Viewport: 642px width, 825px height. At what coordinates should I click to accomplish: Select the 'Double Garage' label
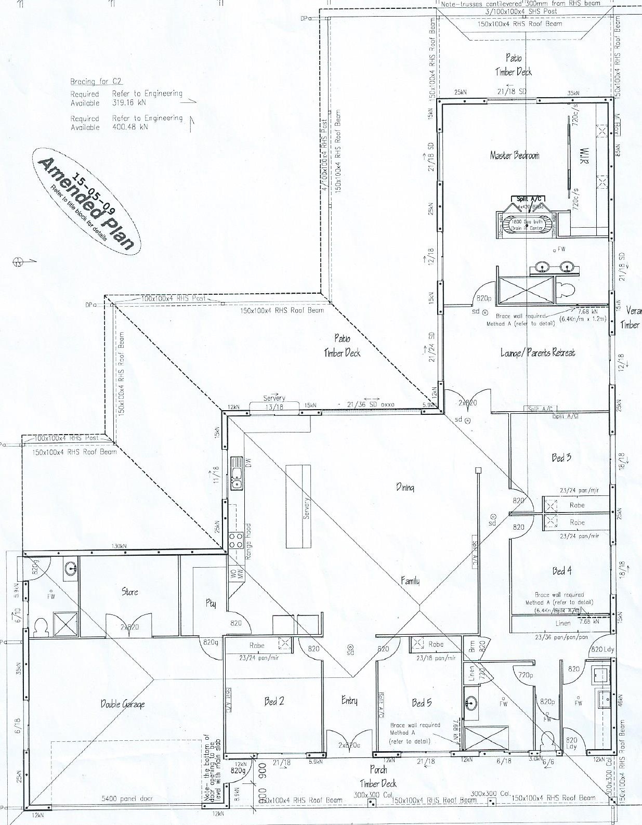click(123, 704)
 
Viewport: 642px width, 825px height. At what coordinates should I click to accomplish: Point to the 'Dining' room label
click(405, 487)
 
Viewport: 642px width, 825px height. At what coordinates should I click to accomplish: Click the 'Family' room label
click(410, 581)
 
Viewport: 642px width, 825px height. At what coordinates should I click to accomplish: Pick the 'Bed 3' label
click(561, 457)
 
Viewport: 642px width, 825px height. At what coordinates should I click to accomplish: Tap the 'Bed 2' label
click(274, 701)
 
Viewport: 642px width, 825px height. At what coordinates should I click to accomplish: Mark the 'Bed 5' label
click(422, 703)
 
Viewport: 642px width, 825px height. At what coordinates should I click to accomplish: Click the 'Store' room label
click(129, 592)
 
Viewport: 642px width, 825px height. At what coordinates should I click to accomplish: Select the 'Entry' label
click(349, 701)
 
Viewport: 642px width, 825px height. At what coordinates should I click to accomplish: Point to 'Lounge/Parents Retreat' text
click(538, 352)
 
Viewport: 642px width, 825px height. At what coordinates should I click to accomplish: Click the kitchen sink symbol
click(237, 473)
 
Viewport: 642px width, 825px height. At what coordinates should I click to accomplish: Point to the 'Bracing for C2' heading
click(96, 81)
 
